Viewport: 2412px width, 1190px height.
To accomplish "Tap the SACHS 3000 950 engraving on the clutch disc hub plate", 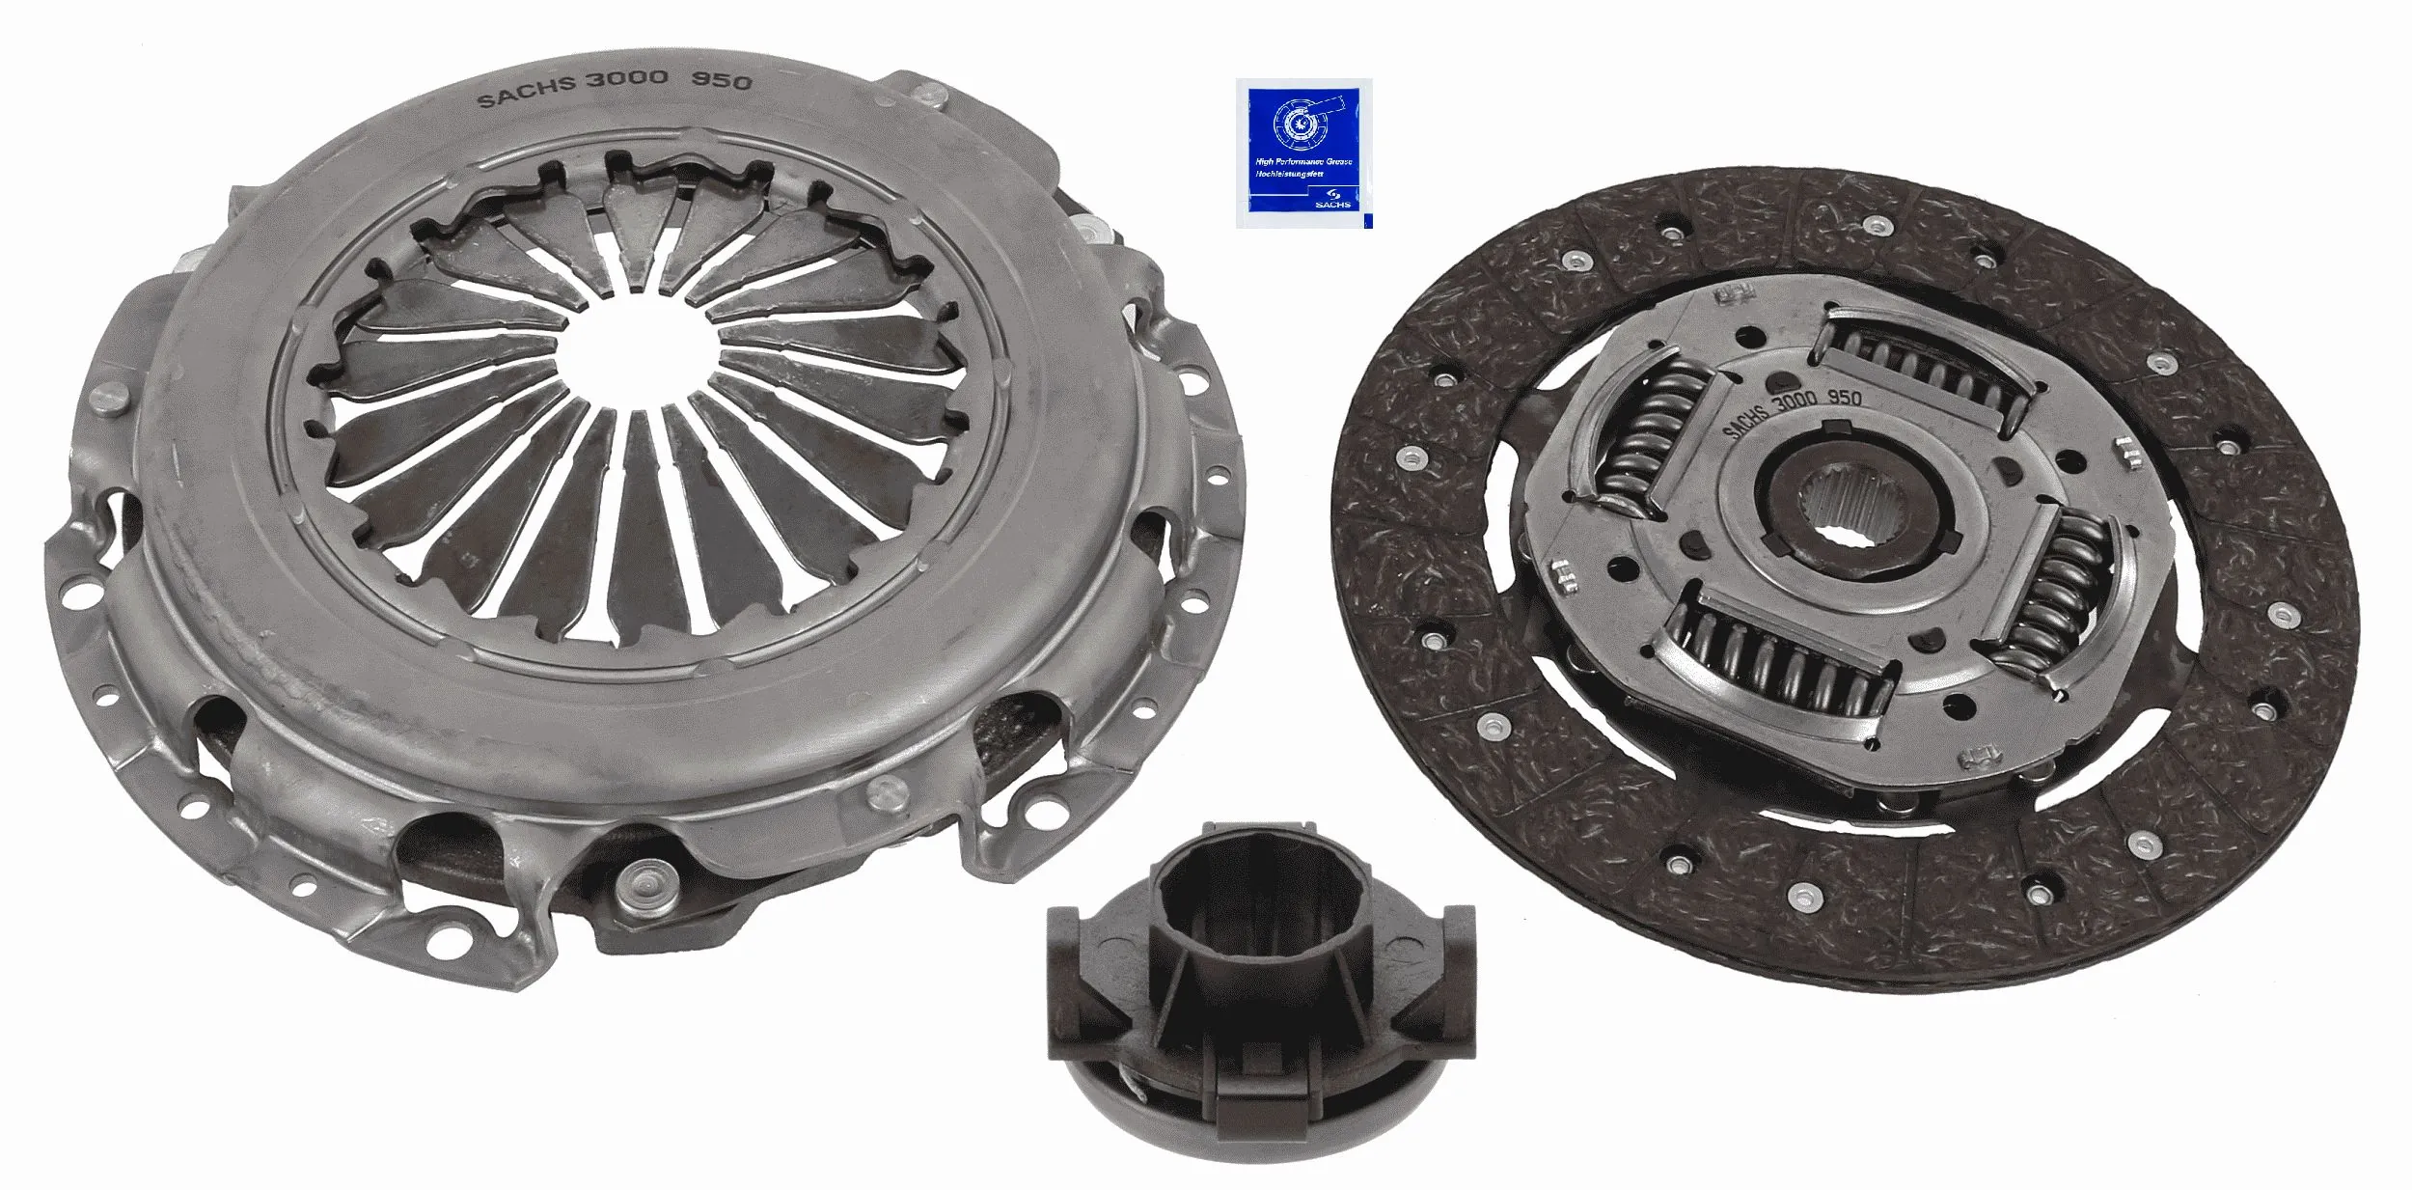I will point(1790,411).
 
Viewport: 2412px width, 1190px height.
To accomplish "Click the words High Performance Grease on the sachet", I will point(1303,162).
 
